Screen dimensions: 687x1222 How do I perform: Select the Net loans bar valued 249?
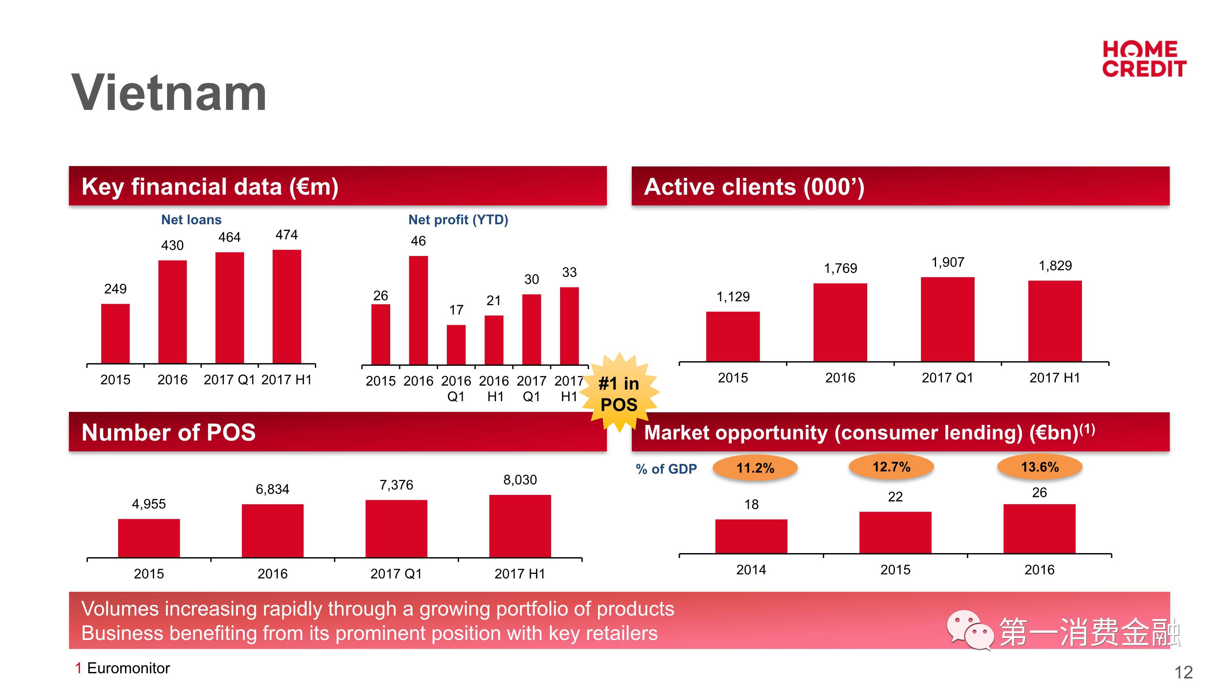115,334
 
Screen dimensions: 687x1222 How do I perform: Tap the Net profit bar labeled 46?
418,310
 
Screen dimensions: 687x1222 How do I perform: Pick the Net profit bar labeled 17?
456,345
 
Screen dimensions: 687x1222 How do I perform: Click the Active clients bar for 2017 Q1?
947,319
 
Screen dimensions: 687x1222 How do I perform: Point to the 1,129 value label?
733,297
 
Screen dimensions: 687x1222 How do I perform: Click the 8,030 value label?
520,480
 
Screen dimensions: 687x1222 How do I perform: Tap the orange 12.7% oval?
891,467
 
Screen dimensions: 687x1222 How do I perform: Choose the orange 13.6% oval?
1040,467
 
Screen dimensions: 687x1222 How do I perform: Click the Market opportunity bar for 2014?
751,536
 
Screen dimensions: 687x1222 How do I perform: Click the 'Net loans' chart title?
191,219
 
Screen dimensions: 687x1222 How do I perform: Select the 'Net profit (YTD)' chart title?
458,219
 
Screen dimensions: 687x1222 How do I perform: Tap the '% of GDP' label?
666,469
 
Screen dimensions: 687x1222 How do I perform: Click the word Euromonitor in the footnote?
129,668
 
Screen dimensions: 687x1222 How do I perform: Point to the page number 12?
1183,672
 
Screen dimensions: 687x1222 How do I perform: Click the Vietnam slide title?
169,93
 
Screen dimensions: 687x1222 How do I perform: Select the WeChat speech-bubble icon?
969,630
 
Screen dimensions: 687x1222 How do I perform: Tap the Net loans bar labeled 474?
286,307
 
